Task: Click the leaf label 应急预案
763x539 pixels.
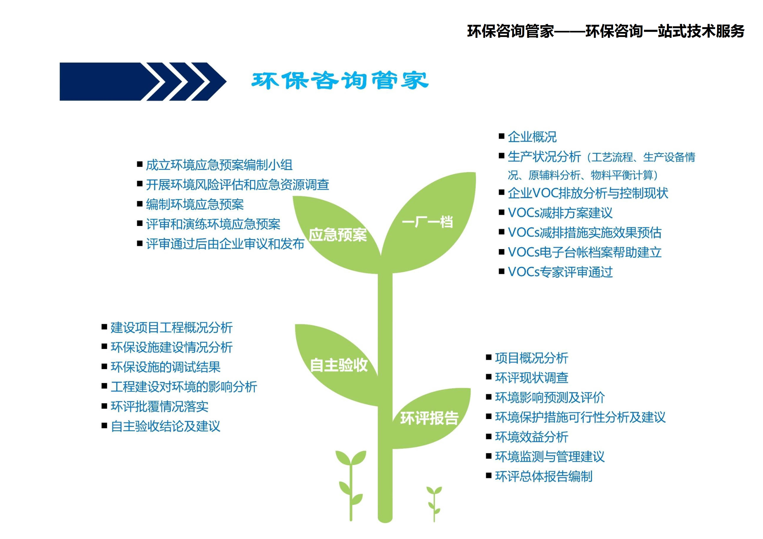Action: (x=338, y=235)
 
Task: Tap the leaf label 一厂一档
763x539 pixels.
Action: (x=427, y=222)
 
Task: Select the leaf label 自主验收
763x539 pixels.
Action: (x=339, y=365)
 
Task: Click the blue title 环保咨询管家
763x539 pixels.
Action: (x=340, y=80)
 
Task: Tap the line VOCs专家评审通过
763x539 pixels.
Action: (x=560, y=272)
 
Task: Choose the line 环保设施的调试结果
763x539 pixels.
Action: (x=166, y=367)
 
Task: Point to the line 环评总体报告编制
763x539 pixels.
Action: (x=544, y=476)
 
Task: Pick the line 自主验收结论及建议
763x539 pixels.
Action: (x=166, y=426)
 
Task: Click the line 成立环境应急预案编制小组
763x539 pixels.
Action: (x=219, y=165)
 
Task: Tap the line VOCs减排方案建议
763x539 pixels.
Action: (x=560, y=213)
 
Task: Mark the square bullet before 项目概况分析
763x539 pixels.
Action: (x=489, y=357)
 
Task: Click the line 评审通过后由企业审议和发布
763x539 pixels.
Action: (x=225, y=244)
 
